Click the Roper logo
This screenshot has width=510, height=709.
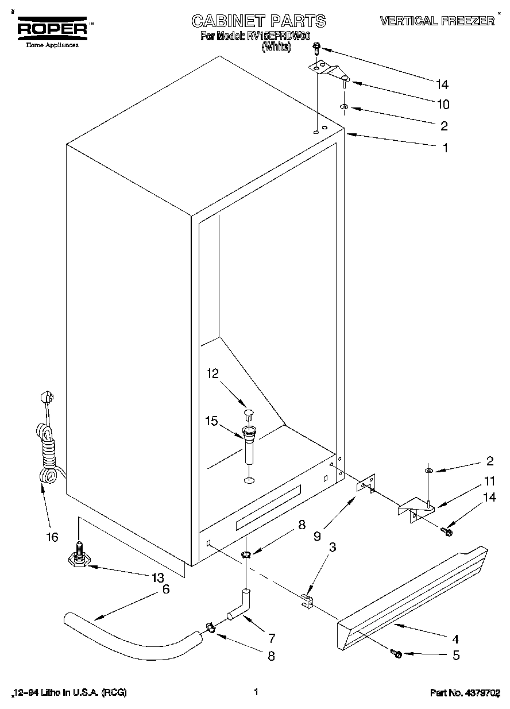pyautogui.click(x=51, y=28)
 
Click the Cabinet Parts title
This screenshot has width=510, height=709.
pyautogui.click(x=258, y=21)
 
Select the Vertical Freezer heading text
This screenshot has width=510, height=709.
pyautogui.click(x=437, y=21)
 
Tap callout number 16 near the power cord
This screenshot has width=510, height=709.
pyautogui.click(x=52, y=537)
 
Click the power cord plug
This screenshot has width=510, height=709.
pyautogui.click(x=47, y=398)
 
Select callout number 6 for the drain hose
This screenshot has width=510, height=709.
pyautogui.click(x=165, y=589)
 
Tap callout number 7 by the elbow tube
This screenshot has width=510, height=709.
pyautogui.click(x=272, y=637)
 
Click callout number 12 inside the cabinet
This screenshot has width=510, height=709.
pyautogui.click(x=213, y=373)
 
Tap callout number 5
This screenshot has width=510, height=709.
pyautogui.click(x=455, y=655)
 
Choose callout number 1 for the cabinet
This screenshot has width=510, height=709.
pyautogui.click(x=445, y=147)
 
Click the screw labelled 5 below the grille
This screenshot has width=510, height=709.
pyautogui.click(x=396, y=653)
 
